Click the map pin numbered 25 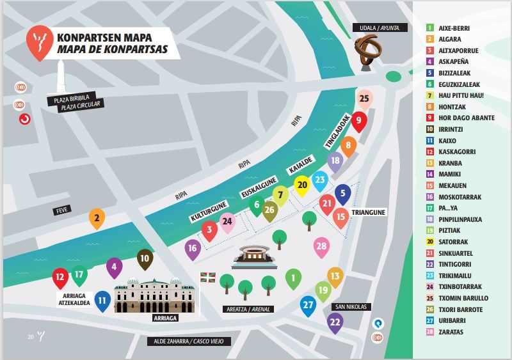tap(364, 99)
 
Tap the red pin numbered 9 tap(359, 120)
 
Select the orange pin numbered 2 tap(97, 218)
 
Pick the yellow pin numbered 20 tap(303, 184)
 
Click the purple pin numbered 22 tap(334, 322)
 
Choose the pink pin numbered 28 tap(321, 246)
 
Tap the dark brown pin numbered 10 tap(145, 259)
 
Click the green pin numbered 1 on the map tap(293, 278)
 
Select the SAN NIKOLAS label tap(349, 307)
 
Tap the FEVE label tap(63, 208)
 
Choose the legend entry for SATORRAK tap(454, 242)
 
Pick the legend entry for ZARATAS tap(451, 332)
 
